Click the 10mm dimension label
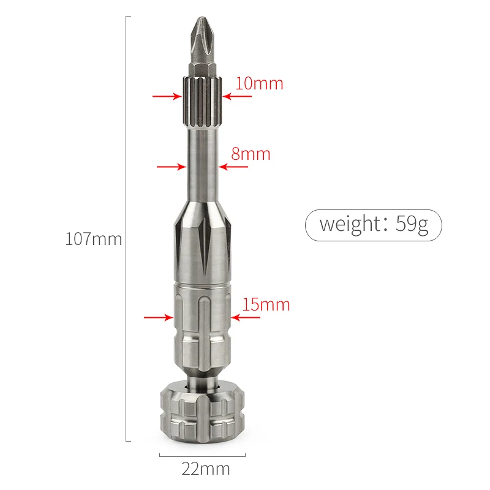(259, 83)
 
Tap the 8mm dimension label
(251, 154)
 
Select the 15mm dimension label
(266, 304)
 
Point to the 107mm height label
(94, 239)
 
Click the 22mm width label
(206, 469)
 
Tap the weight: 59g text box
(374, 225)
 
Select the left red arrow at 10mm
(167, 96)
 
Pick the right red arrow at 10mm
(237, 96)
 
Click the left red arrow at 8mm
(171, 167)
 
